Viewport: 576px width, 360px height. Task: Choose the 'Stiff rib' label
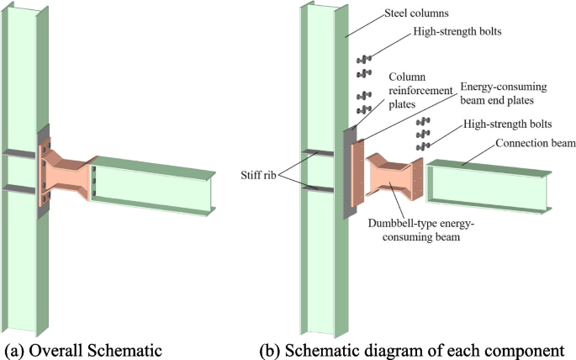(253, 177)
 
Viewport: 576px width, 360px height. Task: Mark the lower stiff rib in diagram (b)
(314, 187)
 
